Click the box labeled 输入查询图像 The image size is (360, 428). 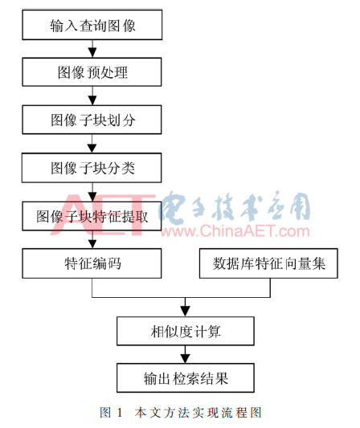[x=92, y=25]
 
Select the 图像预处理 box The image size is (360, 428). [x=92, y=72]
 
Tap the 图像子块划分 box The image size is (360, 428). [x=92, y=120]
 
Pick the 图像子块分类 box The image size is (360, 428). [x=92, y=168]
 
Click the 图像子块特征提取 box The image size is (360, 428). [x=92, y=216]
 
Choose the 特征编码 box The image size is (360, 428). [x=92, y=263]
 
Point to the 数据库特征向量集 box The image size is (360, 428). [x=268, y=263]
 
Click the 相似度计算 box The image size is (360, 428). [x=186, y=331]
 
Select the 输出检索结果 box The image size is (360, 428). [x=186, y=378]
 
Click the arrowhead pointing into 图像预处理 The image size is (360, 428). [x=92, y=53]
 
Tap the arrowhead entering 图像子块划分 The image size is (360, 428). [x=92, y=100]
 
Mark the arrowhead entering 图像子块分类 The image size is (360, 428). [x=92, y=149]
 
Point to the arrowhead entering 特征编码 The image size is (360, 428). [x=92, y=243]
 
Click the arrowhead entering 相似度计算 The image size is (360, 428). [x=186, y=312]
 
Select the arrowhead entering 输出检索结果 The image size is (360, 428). [x=186, y=359]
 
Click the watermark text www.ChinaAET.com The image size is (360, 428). [x=235, y=231]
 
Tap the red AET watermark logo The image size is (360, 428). [x=103, y=214]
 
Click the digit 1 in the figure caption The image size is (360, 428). [x=120, y=413]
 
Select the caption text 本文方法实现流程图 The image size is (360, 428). [x=198, y=413]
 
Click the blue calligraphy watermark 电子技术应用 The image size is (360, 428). [x=235, y=206]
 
